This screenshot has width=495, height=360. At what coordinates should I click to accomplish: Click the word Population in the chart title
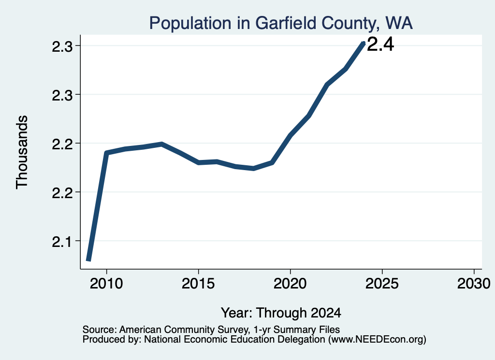(190, 23)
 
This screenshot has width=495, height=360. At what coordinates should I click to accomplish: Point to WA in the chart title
(399, 23)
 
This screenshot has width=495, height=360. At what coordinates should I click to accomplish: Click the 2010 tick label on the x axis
(106, 284)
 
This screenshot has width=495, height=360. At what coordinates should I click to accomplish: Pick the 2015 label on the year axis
(198, 284)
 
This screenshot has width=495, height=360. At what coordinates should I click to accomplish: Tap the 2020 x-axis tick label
(290, 284)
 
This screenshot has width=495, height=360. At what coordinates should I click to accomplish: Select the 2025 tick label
(382, 284)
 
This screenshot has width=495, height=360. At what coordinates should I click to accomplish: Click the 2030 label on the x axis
(474, 284)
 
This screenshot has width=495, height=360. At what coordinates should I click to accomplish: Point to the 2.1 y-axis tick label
(62, 242)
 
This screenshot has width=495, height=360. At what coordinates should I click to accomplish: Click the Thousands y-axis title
(22, 152)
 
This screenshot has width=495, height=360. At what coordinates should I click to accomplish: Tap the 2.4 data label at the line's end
(380, 44)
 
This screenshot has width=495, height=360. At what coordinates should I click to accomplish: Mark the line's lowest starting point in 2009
(89, 260)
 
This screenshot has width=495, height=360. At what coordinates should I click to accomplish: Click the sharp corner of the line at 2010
(106, 153)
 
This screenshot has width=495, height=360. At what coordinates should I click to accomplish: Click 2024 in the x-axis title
(326, 313)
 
